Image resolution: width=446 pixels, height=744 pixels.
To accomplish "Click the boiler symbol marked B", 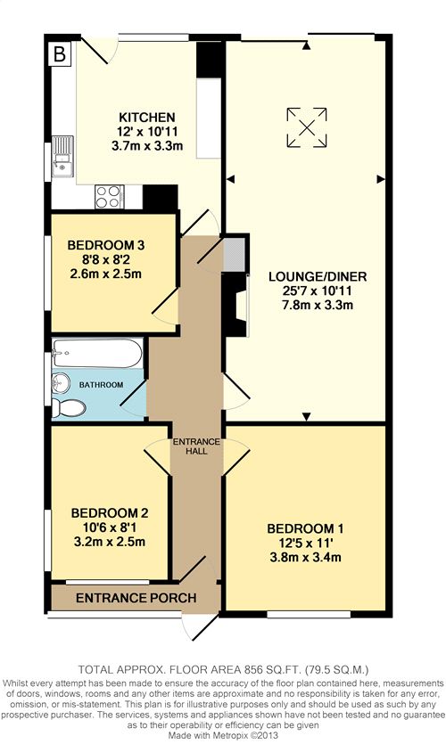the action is point(60,54).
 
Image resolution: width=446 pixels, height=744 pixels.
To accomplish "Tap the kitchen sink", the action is point(62,156).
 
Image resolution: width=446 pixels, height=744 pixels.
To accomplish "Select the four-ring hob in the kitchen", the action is point(109,196).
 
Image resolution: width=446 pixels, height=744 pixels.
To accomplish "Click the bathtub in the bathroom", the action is point(97,353).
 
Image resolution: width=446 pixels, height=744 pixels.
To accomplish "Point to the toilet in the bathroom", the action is point(69,408).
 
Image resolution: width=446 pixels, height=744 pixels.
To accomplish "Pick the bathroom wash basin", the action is point(61,381).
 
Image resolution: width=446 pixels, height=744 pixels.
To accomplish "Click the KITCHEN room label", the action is point(147,118).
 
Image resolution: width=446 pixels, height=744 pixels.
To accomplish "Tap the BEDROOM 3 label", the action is point(106,245).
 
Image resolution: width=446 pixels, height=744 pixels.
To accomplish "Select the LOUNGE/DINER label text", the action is point(318,276).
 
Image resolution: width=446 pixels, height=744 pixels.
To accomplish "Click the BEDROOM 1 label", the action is point(305,528).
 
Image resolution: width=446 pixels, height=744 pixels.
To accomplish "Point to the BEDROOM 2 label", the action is point(110,513).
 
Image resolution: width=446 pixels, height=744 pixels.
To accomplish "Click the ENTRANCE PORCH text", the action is point(136,598).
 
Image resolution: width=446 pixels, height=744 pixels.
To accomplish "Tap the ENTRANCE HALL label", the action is point(196,446).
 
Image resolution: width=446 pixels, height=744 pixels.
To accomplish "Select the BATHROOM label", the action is point(101,385).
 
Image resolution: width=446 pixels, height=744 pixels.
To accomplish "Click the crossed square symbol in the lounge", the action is point(307,127).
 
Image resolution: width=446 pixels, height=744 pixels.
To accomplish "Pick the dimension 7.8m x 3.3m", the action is point(318,305).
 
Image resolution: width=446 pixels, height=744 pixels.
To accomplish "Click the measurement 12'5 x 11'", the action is point(305,543).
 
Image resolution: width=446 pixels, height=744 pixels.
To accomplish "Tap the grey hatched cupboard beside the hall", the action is point(235,254).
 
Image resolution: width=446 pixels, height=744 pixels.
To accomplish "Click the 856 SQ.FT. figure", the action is point(273,670).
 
